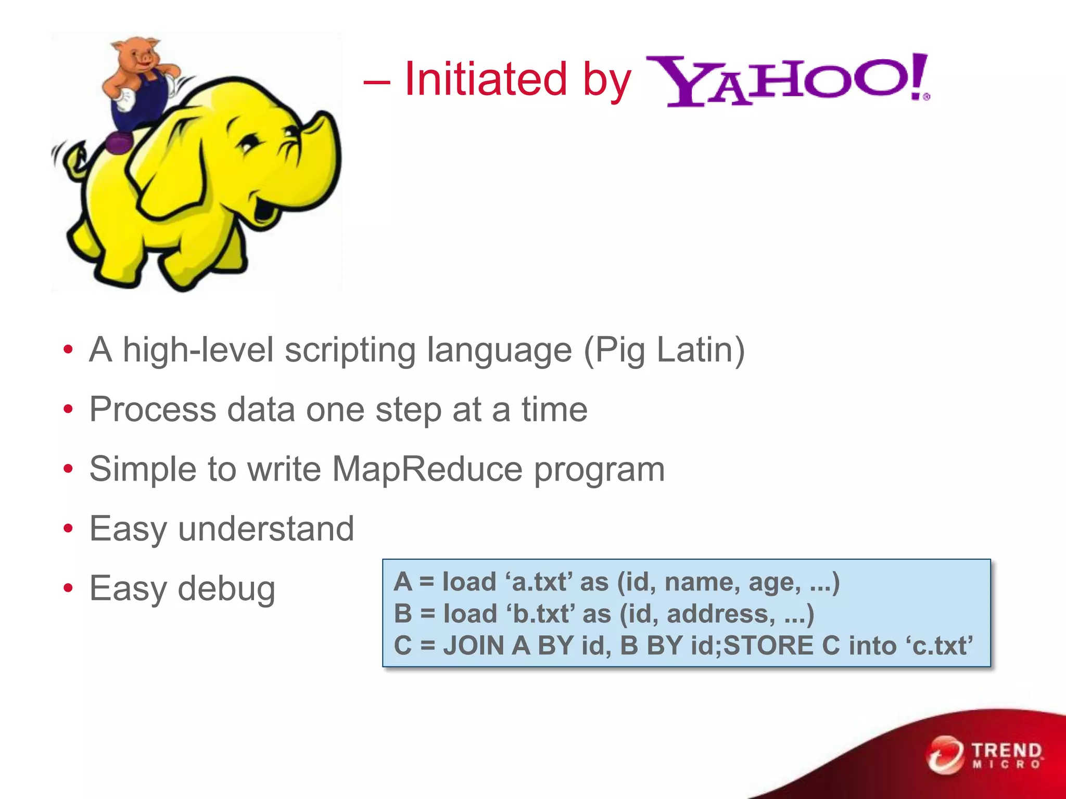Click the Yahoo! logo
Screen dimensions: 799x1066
click(x=787, y=81)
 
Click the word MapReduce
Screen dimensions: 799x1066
click(x=427, y=469)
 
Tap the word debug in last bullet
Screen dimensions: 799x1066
click(x=226, y=589)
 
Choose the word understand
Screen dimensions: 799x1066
click(x=266, y=529)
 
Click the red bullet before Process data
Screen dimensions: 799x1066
click(x=68, y=410)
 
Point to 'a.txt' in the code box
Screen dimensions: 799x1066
click(x=539, y=582)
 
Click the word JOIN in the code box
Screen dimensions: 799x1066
click(x=474, y=646)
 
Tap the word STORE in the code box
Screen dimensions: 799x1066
click(x=768, y=646)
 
